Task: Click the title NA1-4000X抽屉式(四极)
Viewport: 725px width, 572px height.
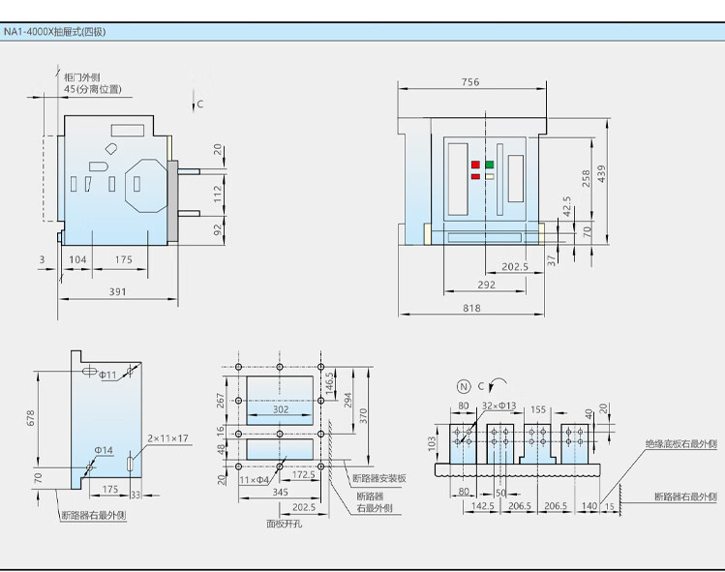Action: click(x=54, y=32)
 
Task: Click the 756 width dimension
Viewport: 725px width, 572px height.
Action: click(x=470, y=82)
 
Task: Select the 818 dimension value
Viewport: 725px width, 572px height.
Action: click(x=471, y=308)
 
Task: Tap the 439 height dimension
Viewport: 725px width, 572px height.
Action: click(x=601, y=174)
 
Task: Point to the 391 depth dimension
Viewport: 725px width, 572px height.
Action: click(x=117, y=291)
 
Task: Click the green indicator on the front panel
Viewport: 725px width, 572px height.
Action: click(x=489, y=165)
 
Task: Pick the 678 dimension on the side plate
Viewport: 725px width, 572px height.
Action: click(x=31, y=418)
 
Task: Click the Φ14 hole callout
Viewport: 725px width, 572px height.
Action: click(x=104, y=450)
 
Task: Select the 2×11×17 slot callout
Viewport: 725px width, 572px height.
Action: click(x=167, y=437)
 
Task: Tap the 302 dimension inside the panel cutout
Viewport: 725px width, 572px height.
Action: click(x=281, y=409)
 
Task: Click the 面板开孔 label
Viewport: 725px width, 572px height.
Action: click(x=285, y=524)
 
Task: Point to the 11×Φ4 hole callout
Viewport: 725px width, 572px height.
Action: click(x=254, y=480)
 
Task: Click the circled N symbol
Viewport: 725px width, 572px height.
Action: click(x=464, y=386)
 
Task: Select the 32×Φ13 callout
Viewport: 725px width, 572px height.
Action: click(x=498, y=406)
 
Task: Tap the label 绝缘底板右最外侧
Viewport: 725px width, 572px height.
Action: click(x=681, y=444)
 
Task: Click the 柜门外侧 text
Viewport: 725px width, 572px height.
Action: click(x=82, y=76)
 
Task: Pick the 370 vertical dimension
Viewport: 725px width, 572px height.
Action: click(x=363, y=416)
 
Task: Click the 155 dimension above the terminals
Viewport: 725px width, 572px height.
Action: click(x=538, y=409)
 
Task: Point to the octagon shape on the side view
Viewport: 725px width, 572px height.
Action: click(x=146, y=186)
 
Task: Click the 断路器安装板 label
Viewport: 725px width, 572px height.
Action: click(x=379, y=478)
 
